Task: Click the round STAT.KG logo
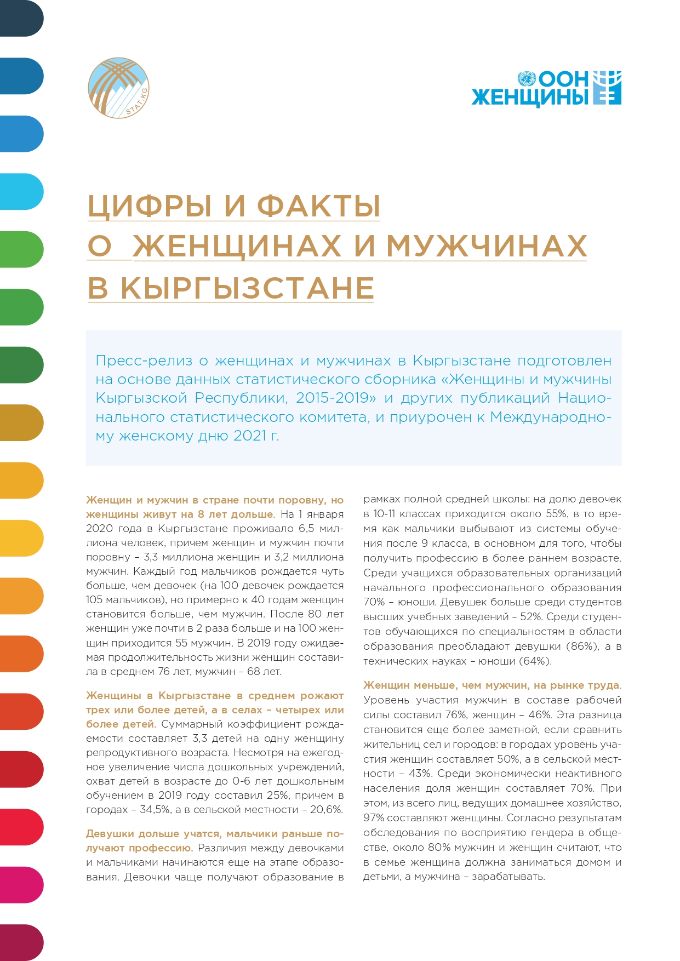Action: (x=118, y=88)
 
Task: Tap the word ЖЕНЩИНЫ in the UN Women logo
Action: (x=529, y=98)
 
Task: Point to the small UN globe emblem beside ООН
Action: (x=527, y=78)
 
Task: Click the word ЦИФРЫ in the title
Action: (x=150, y=206)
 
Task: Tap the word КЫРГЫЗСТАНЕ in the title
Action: (x=247, y=288)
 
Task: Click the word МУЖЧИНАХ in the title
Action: (x=487, y=246)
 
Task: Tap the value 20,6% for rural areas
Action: (x=326, y=810)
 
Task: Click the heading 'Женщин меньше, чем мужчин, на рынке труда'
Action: (x=492, y=685)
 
